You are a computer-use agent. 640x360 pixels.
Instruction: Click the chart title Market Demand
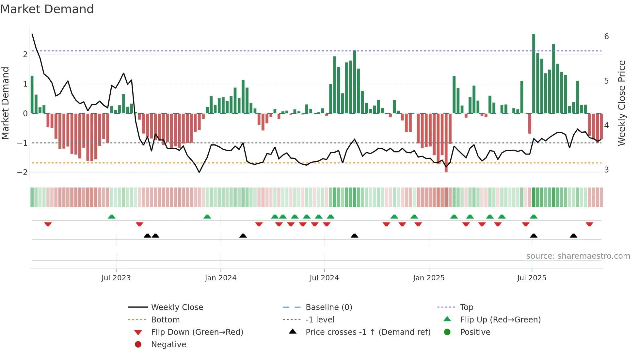coord(47,9)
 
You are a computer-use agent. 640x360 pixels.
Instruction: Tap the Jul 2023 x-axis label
coord(116,278)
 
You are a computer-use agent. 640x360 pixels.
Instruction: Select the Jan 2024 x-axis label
coord(220,278)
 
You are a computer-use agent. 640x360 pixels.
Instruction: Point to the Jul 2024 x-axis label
coord(324,278)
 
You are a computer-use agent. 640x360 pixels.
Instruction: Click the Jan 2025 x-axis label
coord(428,278)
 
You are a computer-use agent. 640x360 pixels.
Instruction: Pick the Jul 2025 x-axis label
coord(532,278)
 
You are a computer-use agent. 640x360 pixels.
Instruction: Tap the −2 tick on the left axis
coord(22,172)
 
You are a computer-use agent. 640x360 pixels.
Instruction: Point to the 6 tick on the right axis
coord(606,37)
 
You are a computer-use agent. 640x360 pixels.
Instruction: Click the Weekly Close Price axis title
coord(622,103)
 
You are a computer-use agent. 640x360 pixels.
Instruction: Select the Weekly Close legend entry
coord(177,307)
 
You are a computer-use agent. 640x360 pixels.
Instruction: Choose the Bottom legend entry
coord(165,320)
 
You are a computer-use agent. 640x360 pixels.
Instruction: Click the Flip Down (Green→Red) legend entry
coord(197,332)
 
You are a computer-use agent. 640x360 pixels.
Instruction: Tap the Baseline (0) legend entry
coord(328,307)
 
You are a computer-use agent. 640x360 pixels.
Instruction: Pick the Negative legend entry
coord(168,345)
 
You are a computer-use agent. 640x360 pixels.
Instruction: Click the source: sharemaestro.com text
coord(578,256)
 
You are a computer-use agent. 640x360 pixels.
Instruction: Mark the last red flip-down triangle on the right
coord(589,224)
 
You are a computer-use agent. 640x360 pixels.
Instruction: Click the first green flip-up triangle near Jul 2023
coord(112,217)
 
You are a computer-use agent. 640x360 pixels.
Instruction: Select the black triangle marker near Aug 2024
coord(354,236)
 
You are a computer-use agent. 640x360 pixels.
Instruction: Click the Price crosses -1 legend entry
coord(368,332)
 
